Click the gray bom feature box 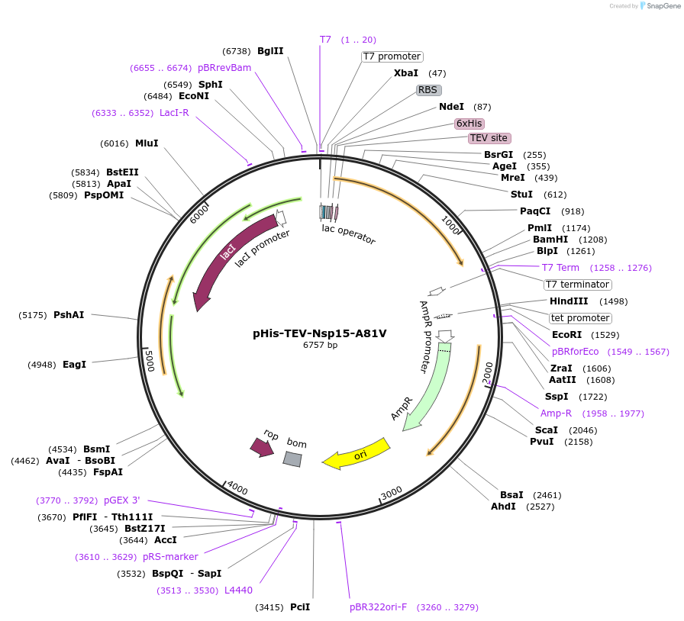coord(292,459)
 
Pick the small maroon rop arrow coord(262,447)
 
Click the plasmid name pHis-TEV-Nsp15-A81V coord(320,333)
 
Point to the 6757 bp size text coord(320,346)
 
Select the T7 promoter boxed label coord(392,56)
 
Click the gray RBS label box coord(428,90)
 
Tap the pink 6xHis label coord(469,123)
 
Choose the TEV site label coord(489,138)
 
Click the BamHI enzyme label coord(550,239)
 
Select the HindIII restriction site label coord(569,301)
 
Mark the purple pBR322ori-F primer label coord(378,607)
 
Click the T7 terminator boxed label coord(577,285)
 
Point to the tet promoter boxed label coord(580,318)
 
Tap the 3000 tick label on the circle coord(391,494)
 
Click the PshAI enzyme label coord(69,315)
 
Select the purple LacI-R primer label coord(174,113)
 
